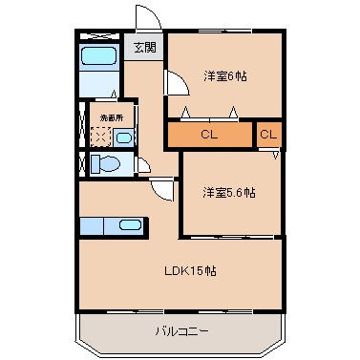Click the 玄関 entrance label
click(143, 47)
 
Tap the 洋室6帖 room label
click(224, 75)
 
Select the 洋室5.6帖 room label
click(228, 192)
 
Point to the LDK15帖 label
click(191, 271)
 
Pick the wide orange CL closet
click(209, 135)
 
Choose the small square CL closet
click(269, 135)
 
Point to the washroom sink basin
click(123, 137)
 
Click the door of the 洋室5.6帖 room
click(164, 191)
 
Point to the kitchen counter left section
click(95, 227)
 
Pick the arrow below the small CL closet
click(275, 153)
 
